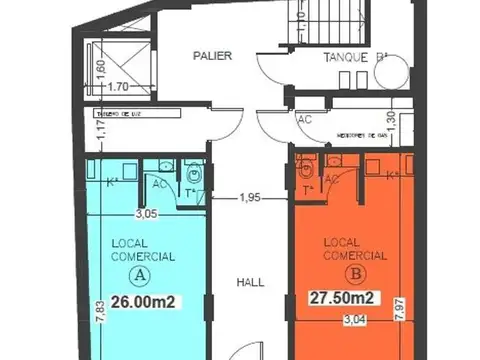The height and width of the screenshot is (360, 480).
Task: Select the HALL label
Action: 250,283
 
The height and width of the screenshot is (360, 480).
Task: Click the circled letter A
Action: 142,273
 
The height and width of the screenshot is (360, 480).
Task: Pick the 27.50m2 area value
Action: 338,297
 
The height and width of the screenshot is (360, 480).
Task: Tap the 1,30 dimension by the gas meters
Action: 392,119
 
